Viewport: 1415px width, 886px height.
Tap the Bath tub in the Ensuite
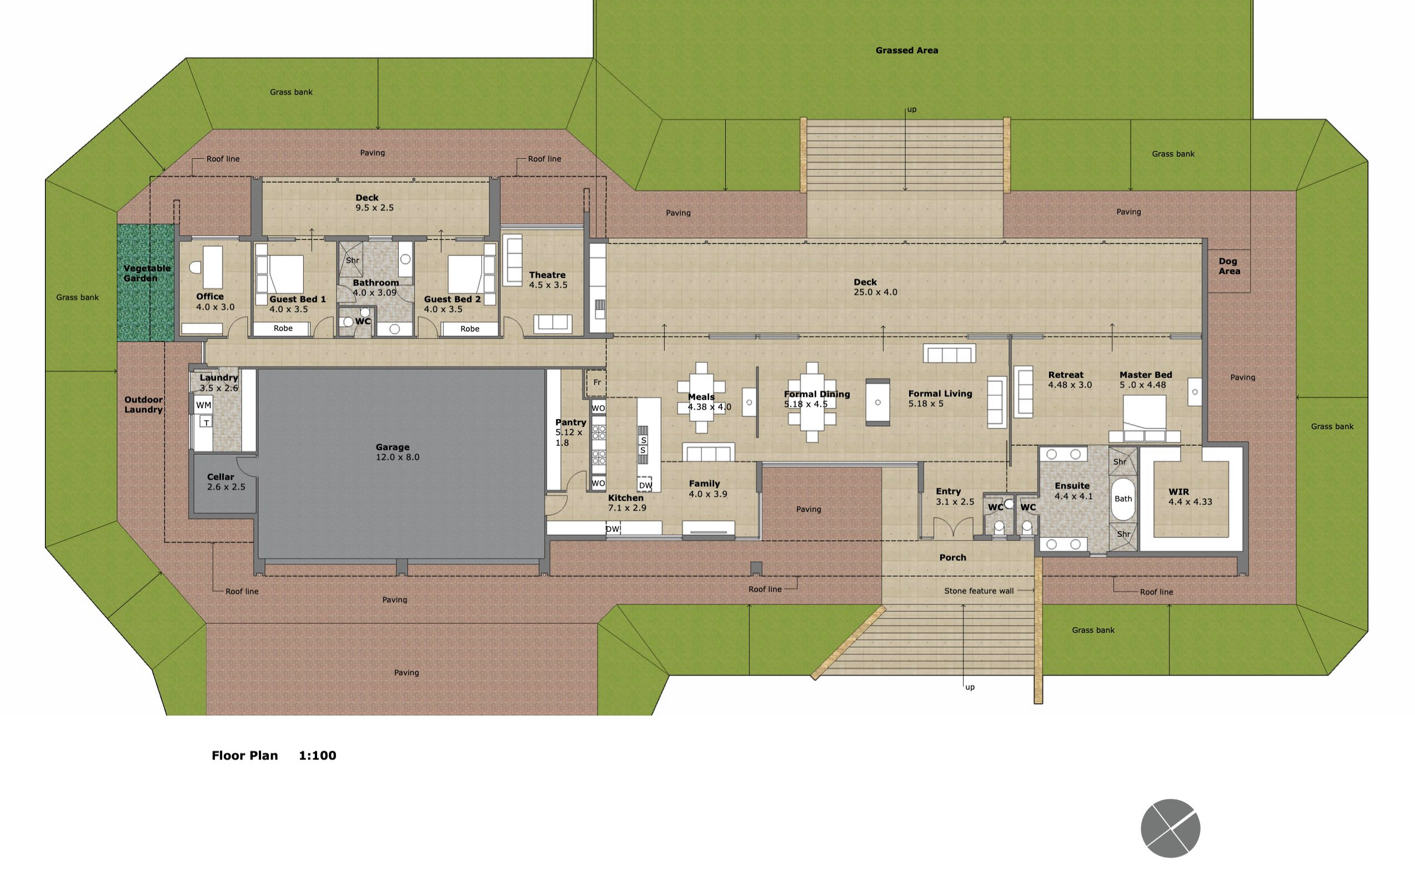coord(1122,499)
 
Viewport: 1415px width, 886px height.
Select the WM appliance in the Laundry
coord(203,405)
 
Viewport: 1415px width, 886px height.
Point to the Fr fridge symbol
coord(597,382)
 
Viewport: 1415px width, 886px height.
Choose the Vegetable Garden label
coord(146,273)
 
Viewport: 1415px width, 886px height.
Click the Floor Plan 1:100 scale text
coord(274,756)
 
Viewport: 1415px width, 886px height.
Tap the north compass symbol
coord(1170,828)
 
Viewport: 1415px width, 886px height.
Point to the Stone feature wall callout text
coord(979,591)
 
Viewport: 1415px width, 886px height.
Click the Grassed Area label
coord(906,51)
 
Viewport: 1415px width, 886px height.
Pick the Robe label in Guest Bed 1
coord(283,328)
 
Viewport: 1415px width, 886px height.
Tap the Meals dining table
coord(701,399)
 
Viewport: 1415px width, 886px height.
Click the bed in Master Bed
coord(1143,417)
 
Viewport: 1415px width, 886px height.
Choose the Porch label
coord(952,557)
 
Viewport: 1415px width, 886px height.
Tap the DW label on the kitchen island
coord(645,485)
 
